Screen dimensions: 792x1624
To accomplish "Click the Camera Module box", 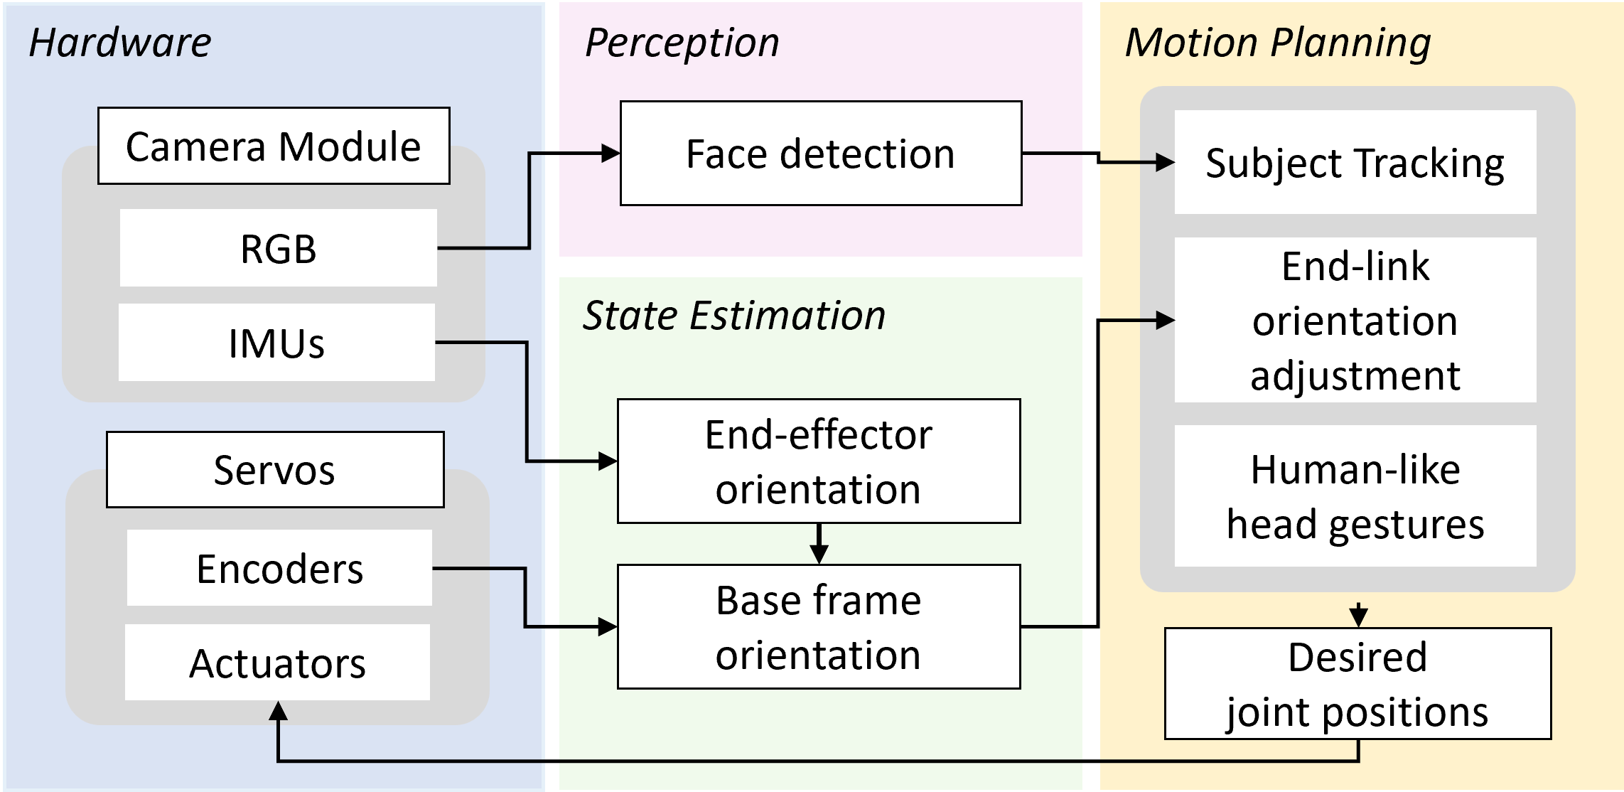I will click(274, 146).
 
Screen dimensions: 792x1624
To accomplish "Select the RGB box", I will click(278, 248).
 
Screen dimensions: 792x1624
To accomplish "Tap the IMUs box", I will click(276, 343).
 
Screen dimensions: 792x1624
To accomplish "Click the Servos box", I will click(275, 469).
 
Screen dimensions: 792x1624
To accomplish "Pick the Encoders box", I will click(279, 568).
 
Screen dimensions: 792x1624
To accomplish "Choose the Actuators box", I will click(277, 663).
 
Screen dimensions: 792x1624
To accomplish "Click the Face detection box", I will click(821, 154).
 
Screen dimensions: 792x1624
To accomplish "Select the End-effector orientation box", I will click(819, 461).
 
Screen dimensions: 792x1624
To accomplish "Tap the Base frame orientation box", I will click(819, 627).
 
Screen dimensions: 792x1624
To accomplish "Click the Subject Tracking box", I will click(1355, 162).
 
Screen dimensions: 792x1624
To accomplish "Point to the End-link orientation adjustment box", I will click(1355, 320).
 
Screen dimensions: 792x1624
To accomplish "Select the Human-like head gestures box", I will click(1355, 496).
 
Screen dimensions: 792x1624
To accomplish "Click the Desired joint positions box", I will click(1357, 684).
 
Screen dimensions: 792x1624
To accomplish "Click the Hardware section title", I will click(120, 43).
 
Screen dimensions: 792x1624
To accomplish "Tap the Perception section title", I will click(682, 43).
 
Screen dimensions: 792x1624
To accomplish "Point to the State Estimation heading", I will click(734, 315).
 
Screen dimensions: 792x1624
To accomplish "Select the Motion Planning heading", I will click(1278, 43).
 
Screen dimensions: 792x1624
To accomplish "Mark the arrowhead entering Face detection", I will click(611, 153).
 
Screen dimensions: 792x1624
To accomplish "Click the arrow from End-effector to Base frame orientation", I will click(819, 545).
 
